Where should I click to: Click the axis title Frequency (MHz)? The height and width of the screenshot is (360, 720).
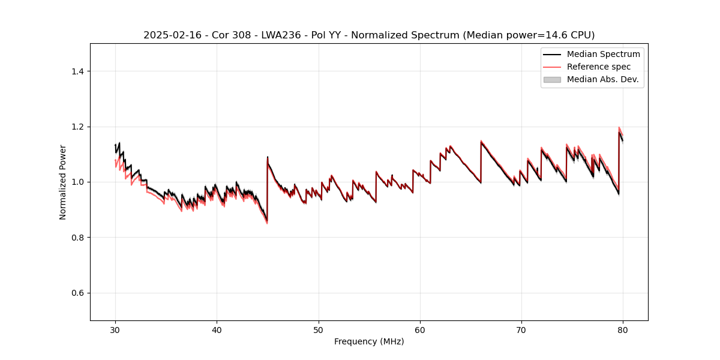pyautogui.click(x=369, y=341)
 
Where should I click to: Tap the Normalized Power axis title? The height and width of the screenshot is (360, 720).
pyautogui.click(x=63, y=182)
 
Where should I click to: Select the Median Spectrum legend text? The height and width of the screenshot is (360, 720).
pyautogui.click(x=603, y=54)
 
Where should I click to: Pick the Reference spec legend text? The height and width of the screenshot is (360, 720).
pyautogui.click(x=599, y=67)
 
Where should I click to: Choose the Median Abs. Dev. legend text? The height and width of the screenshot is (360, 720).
pyautogui.click(x=602, y=79)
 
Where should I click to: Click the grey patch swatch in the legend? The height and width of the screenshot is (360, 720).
pyautogui.click(x=552, y=79)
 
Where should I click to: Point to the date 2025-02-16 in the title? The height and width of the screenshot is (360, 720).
pyautogui.click(x=170, y=35)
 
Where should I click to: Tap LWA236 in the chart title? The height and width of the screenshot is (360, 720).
pyautogui.click(x=280, y=35)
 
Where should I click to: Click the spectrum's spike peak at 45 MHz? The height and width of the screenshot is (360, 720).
pyautogui.click(x=268, y=157)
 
